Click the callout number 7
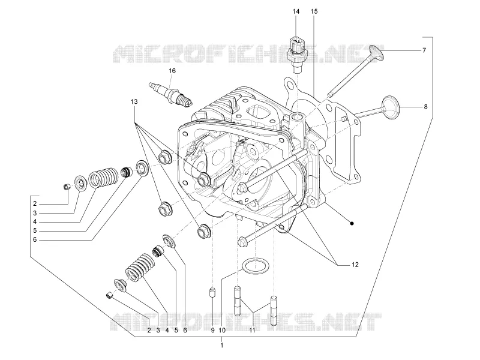(424, 50)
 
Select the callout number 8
(425, 107)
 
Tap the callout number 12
(355, 265)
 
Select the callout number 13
(134, 101)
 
